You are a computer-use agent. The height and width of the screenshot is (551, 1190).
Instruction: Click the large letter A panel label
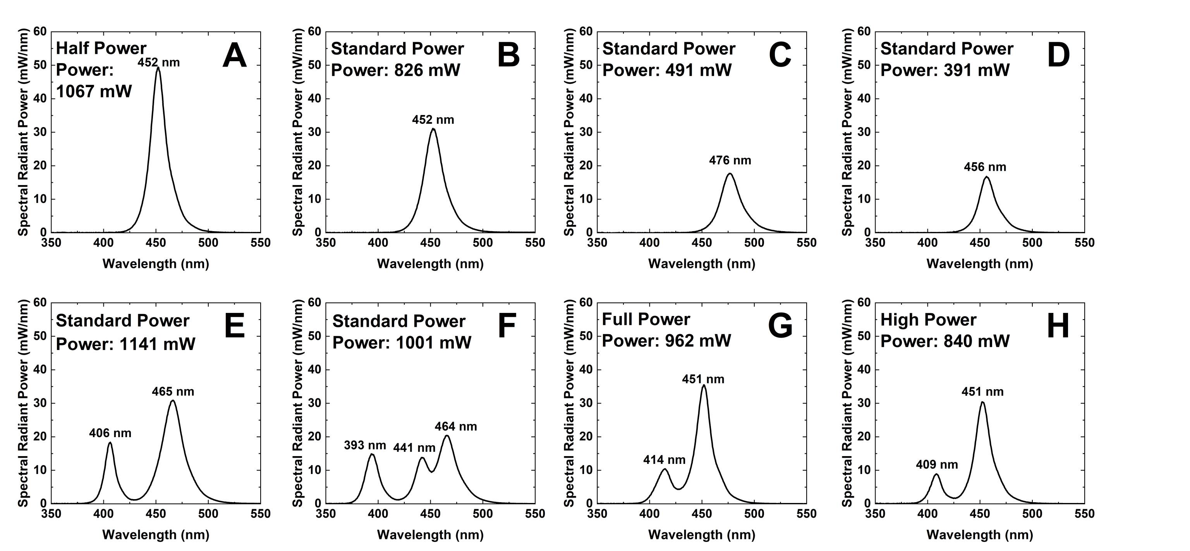(234, 55)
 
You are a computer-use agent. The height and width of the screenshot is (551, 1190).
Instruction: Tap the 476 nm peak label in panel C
(730, 161)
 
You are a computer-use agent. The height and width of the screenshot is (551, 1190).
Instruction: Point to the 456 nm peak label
(984, 167)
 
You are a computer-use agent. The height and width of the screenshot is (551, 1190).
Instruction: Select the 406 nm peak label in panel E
(110, 433)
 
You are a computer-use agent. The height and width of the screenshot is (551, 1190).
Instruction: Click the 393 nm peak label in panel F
(364, 445)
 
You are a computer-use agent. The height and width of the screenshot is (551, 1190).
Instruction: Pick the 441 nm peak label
(414, 448)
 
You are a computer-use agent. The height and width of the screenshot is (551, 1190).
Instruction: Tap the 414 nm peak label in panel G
(664, 460)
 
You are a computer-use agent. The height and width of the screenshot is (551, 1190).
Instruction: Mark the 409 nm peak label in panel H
(936, 465)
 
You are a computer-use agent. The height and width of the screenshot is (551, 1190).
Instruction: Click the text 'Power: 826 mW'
(395, 70)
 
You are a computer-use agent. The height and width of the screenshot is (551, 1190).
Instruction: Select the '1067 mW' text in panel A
(94, 91)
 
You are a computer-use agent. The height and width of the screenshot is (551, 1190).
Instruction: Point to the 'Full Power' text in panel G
(646, 319)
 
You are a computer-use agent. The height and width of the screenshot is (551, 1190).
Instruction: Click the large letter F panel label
(507, 326)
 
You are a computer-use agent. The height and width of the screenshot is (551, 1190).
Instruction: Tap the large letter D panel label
(1058, 55)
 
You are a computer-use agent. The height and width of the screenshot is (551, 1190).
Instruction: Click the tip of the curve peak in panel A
(158, 67)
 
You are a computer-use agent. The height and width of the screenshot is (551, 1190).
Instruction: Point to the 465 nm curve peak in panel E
(173, 400)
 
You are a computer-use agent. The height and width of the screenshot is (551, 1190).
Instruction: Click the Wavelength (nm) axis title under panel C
(701, 264)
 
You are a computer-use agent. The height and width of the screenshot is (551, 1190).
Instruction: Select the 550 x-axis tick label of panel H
(1084, 513)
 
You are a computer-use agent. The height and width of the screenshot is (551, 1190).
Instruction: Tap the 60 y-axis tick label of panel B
(314, 31)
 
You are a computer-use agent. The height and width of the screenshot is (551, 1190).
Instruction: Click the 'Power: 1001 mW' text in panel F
(402, 343)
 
